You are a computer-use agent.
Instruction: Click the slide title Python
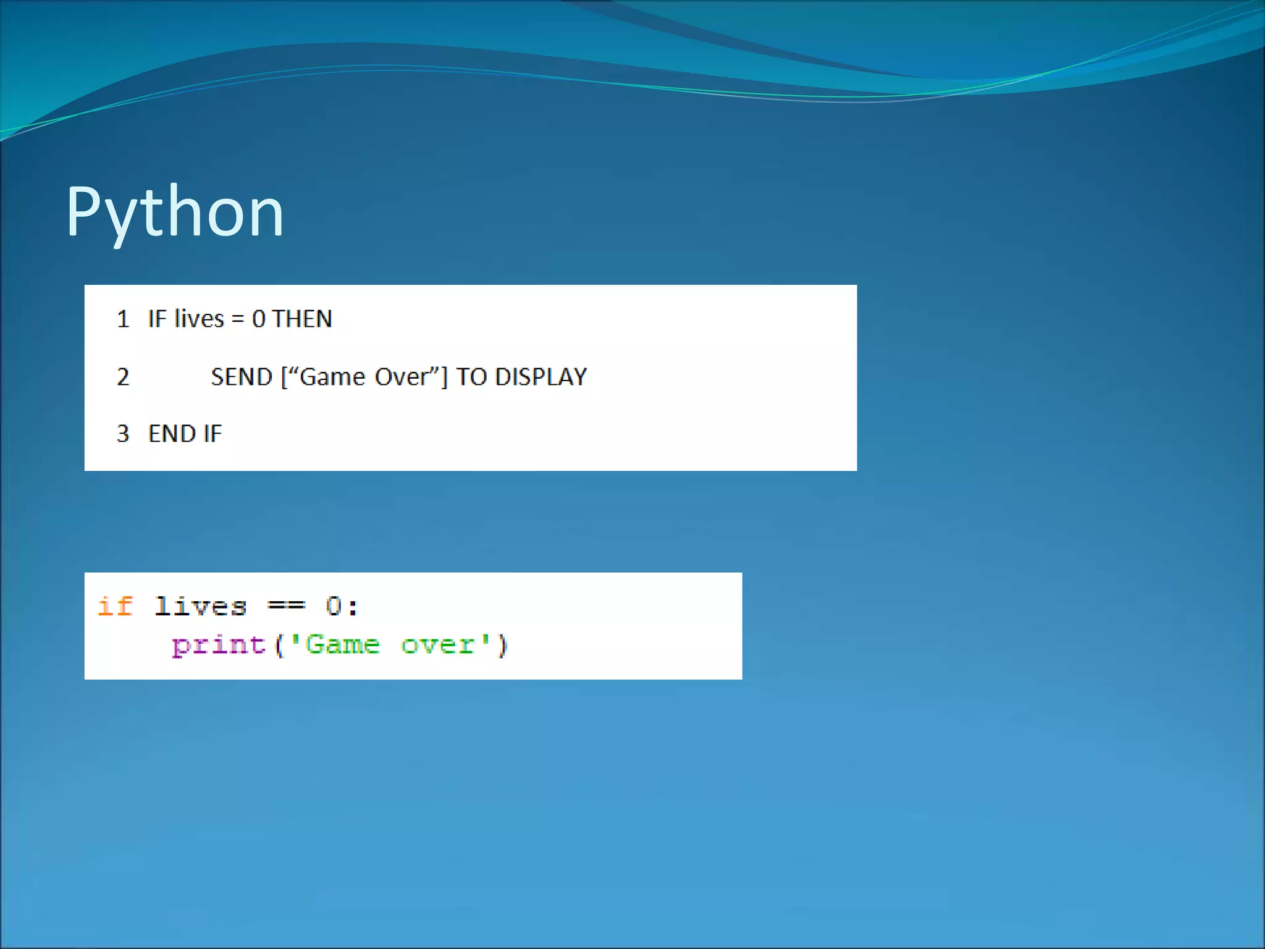(175, 213)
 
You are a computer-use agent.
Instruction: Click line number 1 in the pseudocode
(123, 319)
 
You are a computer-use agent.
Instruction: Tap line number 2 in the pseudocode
(123, 377)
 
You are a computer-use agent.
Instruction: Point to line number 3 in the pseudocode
(123, 434)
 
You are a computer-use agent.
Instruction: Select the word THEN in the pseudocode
(302, 319)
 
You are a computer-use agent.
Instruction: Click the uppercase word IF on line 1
(157, 319)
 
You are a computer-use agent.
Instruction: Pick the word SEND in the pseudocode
(242, 377)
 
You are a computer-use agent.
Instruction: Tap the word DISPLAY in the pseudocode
(541, 377)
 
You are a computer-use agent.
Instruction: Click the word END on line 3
(172, 434)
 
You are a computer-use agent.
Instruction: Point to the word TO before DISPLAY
(472, 377)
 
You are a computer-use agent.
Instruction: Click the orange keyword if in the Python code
(116, 606)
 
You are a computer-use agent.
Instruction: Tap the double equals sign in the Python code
(286, 606)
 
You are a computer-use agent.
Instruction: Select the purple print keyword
(219, 646)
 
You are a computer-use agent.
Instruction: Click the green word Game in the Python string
(342, 646)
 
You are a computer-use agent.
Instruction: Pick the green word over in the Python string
(437, 646)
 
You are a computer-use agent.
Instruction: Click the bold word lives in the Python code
(201, 606)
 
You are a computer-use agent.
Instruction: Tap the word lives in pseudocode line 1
(199, 319)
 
